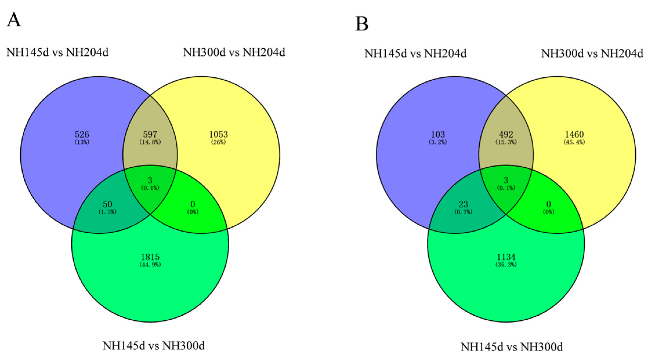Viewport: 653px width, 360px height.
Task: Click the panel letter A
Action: pyautogui.click(x=14, y=20)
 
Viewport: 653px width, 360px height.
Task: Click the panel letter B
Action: pyautogui.click(x=362, y=24)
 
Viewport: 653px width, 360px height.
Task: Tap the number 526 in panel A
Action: pyautogui.click(x=82, y=134)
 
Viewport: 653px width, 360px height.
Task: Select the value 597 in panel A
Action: pyautogui.click(x=150, y=134)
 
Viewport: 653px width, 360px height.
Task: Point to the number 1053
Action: pyautogui.click(x=218, y=134)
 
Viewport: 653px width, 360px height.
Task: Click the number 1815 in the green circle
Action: pyautogui.click(x=150, y=257)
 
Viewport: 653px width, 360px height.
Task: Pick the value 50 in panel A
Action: pyautogui.click(x=107, y=204)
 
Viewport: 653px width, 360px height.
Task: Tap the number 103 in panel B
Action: pyautogui.click(x=438, y=134)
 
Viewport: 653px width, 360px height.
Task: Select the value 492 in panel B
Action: pyautogui.click(x=506, y=134)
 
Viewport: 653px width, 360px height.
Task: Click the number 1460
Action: pyautogui.click(x=574, y=134)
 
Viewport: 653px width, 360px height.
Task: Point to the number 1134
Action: pyautogui.click(x=506, y=257)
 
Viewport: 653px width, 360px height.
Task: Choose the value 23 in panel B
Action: pyautogui.click(x=463, y=204)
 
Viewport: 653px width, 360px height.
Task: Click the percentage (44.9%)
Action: pyautogui.click(x=150, y=265)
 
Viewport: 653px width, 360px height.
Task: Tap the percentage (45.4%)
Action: pyautogui.click(x=574, y=142)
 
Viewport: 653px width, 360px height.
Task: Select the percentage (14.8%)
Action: pyautogui.click(x=150, y=142)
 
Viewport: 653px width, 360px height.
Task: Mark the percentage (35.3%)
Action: pyautogui.click(x=506, y=265)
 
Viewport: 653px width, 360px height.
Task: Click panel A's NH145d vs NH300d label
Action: pyautogui.click(x=154, y=346)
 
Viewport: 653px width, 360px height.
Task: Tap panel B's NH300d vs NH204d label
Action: pyautogui.click(x=592, y=53)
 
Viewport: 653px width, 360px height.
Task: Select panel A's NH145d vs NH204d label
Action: pyautogui.click(x=57, y=52)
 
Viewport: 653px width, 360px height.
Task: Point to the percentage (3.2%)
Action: pyautogui.click(x=438, y=142)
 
